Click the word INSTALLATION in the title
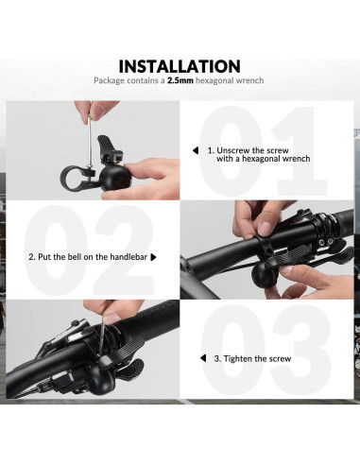pos(180,66)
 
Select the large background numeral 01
pos(257,151)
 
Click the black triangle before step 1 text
pos(196,149)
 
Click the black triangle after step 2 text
pos(152,256)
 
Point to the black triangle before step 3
pos(201,359)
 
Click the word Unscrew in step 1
pos(234,149)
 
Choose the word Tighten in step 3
pos(238,359)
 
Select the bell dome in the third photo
pos(121,382)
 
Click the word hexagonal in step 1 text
pos(259,159)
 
